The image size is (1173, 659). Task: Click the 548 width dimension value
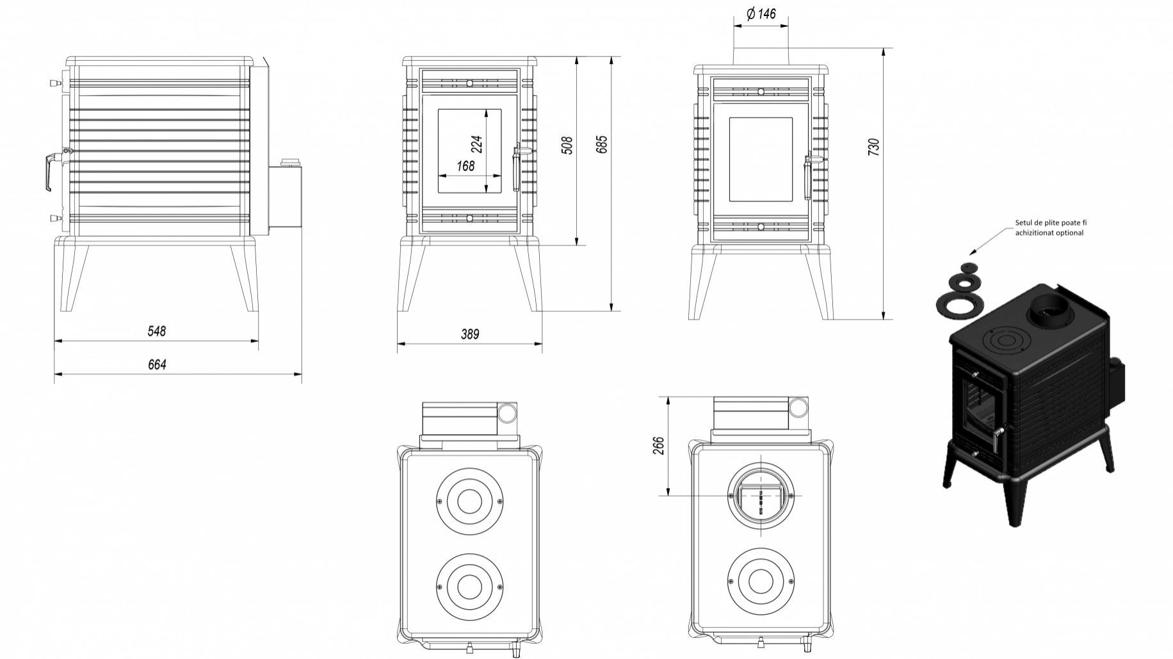point(156,331)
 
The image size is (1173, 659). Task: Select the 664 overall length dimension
point(157,364)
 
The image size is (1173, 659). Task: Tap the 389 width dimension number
point(469,334)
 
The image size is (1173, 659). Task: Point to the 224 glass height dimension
point(476,143)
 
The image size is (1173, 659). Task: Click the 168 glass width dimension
point(465,166)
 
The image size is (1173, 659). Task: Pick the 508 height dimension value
point(567,145)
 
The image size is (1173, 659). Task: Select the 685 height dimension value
point(601,144)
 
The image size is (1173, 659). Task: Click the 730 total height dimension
point(874,147)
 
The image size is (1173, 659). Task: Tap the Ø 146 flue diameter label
point(761,13)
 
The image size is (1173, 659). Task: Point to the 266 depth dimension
point(658,445)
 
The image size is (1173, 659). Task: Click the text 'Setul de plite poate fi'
point(1051,223)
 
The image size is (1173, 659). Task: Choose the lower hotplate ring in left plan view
point(469,586)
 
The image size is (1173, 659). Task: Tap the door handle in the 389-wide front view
point(517,170)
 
